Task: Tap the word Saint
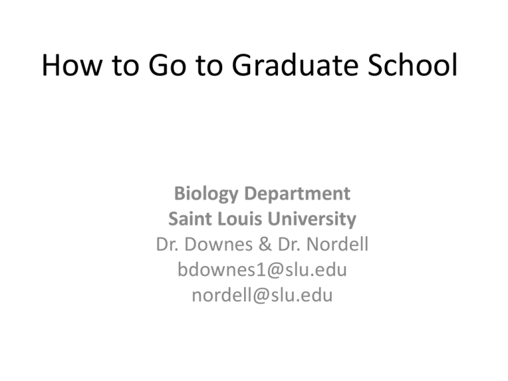[x=190, y=218]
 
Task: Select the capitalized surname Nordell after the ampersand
[x=336, y=244]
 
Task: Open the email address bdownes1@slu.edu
[x=262, y=270]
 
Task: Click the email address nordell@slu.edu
[x=262, y=296]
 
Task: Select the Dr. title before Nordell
[x=291, y=244]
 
